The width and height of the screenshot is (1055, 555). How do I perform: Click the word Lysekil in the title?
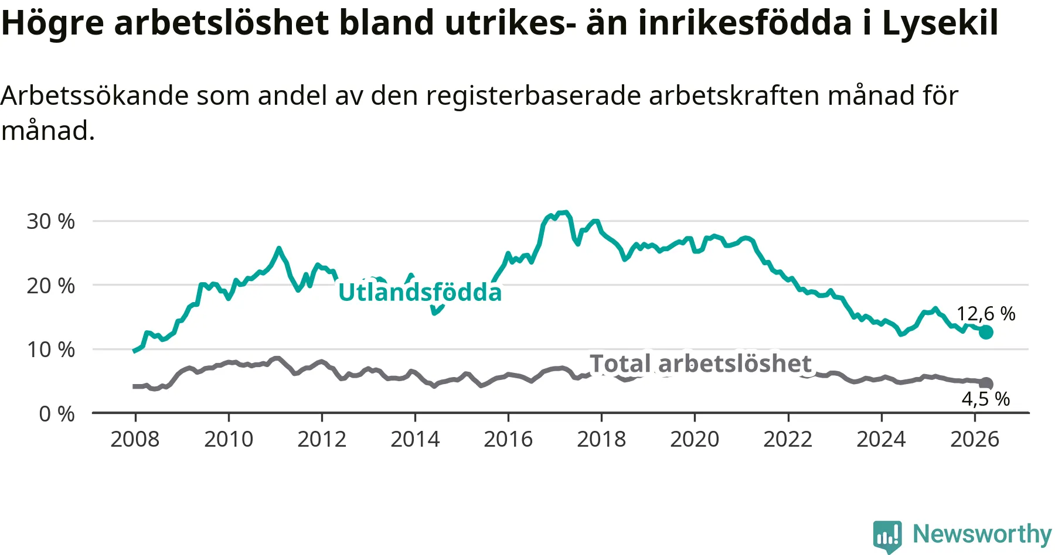(940, 23)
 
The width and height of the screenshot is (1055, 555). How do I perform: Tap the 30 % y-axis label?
(51, 221)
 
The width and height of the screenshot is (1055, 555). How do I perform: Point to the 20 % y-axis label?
(51, 286)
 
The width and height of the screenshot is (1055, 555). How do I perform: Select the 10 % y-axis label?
(51, 350)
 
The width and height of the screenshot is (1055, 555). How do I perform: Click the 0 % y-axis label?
(57, 414)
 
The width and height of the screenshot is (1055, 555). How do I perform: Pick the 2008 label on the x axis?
(135, 439)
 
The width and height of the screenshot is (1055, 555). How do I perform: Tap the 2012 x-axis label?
(322, 439)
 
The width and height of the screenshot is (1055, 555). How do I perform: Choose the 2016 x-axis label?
(508, 439)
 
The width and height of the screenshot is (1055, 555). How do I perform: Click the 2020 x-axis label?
(695, 439)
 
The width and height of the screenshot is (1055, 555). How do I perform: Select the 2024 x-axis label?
(881, 439)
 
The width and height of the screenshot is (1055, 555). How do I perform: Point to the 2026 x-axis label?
(974, 439)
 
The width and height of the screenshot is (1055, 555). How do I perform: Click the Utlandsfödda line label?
(420, 292)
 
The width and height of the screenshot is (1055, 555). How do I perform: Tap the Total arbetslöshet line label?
(700, 364)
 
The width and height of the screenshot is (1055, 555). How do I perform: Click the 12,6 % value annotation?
(986, 314)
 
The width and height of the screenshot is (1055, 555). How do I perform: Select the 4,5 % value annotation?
(986, 399)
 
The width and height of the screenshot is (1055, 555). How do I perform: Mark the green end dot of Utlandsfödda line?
(986, 332)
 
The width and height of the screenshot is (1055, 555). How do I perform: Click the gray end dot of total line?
(986, 383)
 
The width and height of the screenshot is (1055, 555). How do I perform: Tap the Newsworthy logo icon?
(887, 536)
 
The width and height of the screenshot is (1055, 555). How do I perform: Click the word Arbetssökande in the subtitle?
(95, 95)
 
